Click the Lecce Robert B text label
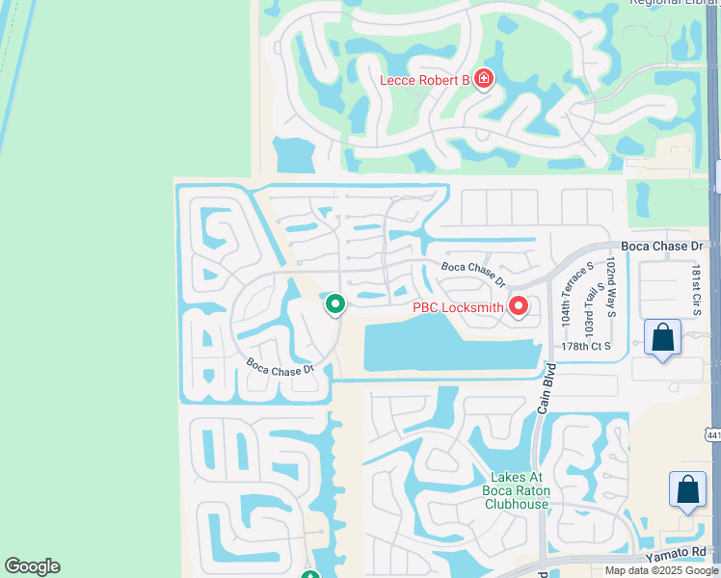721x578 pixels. coord(424,80)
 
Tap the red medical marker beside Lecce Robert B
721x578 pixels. coord(484,79)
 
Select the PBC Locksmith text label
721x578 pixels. coord(458,308)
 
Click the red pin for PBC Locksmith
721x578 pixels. coord(519,306)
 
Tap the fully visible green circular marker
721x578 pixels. coord(334,304)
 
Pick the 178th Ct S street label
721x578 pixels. coord(586,346)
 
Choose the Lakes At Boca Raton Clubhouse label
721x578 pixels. coord(518,490)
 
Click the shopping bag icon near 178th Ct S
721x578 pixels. coord(662,338)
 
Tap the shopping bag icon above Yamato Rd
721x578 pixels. coord(688,489)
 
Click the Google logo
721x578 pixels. coord(32,566)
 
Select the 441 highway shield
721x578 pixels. coord(712,435)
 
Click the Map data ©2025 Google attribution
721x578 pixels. coord(662,570)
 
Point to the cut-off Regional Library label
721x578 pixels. coord(675,3)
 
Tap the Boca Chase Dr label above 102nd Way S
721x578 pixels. coord(664,247)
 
